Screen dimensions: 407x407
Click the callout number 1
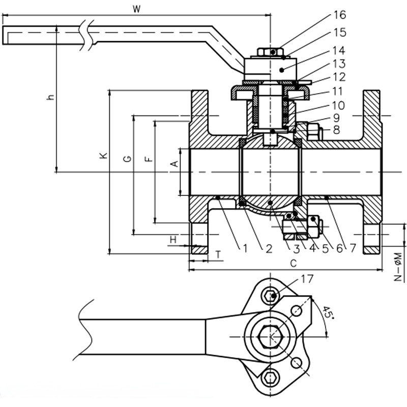(245, 248)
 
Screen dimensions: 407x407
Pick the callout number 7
(352, 248)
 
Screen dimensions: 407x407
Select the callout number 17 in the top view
(307, 279)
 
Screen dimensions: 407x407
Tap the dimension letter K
(103, 156)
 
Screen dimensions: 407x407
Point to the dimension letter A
(173, 164)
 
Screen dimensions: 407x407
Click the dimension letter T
(218, 253)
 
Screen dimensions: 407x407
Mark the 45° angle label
(329, 314)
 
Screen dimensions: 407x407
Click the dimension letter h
(50, 97)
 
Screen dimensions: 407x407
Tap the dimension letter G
(127, 159)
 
